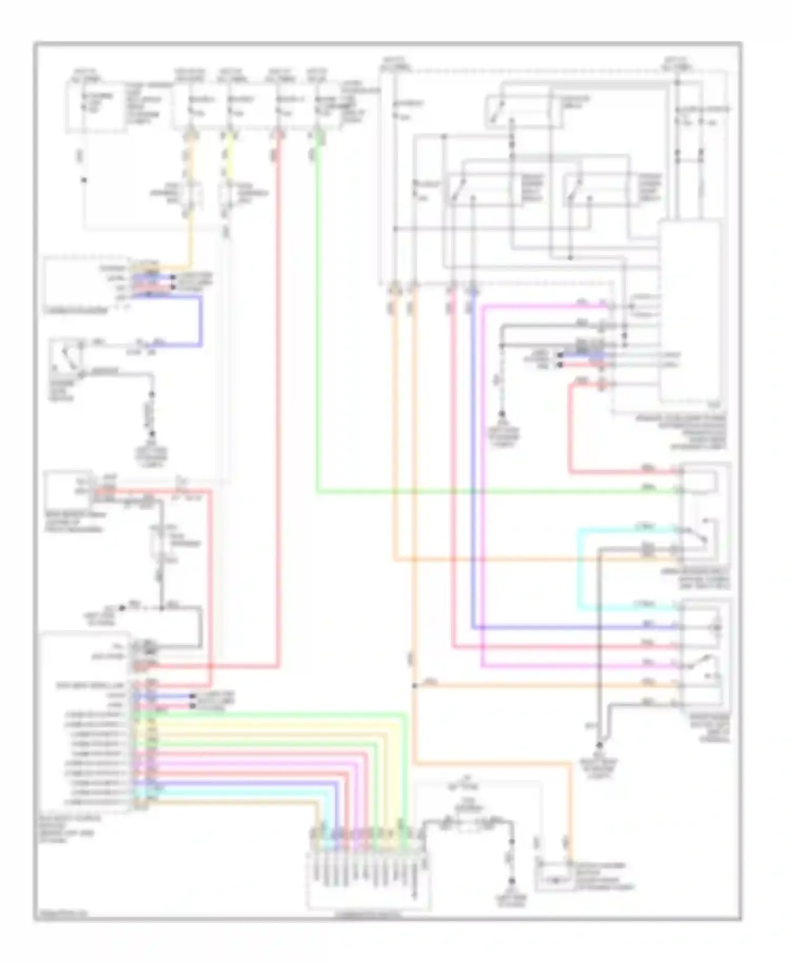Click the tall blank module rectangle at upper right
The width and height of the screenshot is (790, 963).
pyautogui.click(x=689, y=311)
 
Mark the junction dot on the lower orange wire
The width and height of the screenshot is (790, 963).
pyautogui.click(x=414, y=685)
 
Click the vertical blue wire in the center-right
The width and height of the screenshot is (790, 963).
pyautogui.click(x=473, y=458)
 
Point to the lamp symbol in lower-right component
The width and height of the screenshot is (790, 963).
pyautogui.click(x=715, y=628)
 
